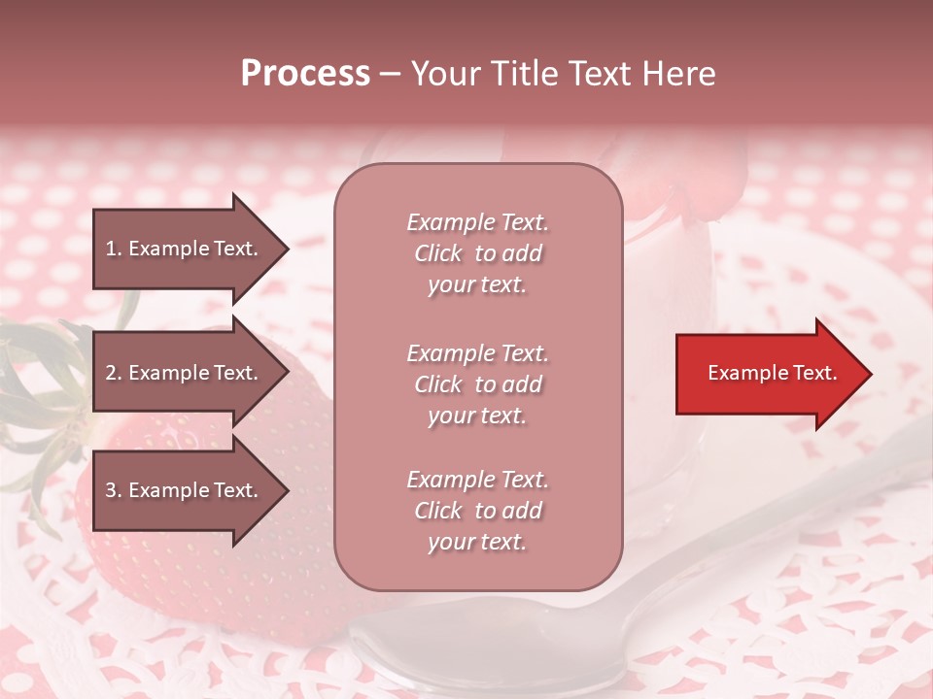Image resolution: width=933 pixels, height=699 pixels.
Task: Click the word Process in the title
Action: pos(305,74)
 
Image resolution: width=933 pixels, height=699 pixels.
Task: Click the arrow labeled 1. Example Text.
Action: pos(185,249)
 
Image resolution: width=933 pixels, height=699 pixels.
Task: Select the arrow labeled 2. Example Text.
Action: pos(185,373)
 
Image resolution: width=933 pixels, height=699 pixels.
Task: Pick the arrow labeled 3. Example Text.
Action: pos(185,490)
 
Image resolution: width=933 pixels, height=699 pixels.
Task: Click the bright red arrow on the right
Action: pos(768,374)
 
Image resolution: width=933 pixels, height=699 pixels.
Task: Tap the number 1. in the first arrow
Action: pos(114,249)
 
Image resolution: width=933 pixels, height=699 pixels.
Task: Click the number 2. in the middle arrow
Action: pos(114,373)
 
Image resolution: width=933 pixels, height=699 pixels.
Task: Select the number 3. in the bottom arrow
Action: pos(114,490)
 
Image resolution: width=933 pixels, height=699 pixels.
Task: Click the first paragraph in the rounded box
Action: pos(477,253)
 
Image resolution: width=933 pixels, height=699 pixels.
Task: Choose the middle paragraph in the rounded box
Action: pos(477,384)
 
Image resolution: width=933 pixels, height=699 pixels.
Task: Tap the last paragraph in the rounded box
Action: pos(477,511)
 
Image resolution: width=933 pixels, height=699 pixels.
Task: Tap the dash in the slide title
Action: pos(390,74)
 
